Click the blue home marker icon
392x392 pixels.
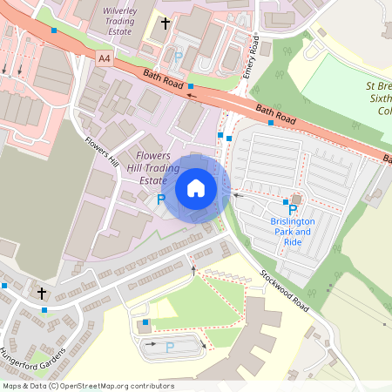(x=196, y=188)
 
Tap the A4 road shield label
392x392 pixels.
(x=105, y=57)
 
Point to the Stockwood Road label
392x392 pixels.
(x=284, y=291)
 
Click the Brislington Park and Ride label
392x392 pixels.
(x=292, y=233)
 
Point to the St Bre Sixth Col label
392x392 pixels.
(x=378, y=99)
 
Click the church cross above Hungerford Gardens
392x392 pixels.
(x=41, y=294)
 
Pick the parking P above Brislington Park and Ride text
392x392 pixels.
(x=293, y=210)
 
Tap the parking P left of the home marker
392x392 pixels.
(x=160, y=199)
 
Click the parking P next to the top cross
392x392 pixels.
(x=179, y=57)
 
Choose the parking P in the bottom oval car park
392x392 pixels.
(x=170, y=347)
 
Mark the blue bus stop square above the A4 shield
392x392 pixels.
(x=55, y=30)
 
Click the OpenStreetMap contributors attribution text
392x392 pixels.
(x=87, y=385)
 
